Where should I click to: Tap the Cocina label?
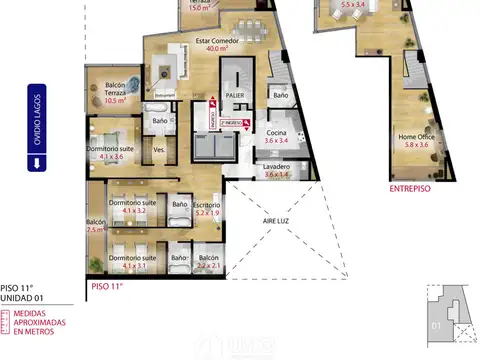point(277,138)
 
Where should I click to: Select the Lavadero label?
point(277,170)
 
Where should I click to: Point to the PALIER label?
point(235,94)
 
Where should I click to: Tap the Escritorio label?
point(208,208)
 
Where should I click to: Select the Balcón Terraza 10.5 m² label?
point(115,93)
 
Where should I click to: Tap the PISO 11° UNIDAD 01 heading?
point(22,291)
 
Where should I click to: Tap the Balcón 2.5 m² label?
point(96,225)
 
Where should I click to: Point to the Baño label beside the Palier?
point(281,95)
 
